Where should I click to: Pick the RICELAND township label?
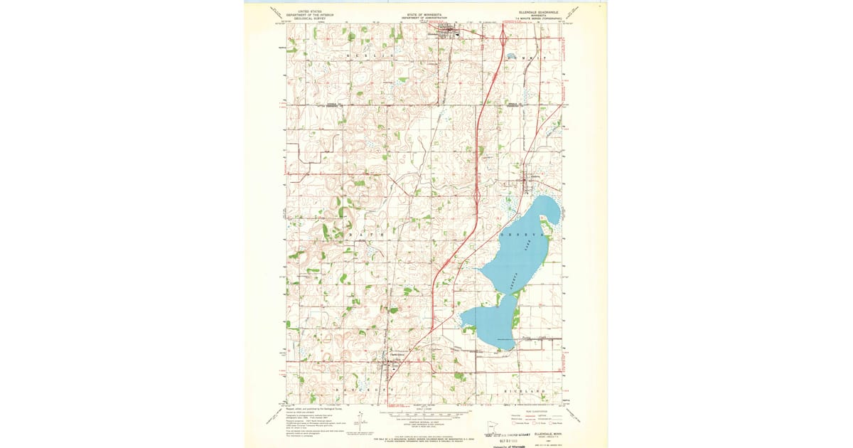click(x=525, y=390)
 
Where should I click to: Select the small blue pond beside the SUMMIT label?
click(x=511, y=53)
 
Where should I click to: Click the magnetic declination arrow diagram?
click(x=362, y=422)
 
